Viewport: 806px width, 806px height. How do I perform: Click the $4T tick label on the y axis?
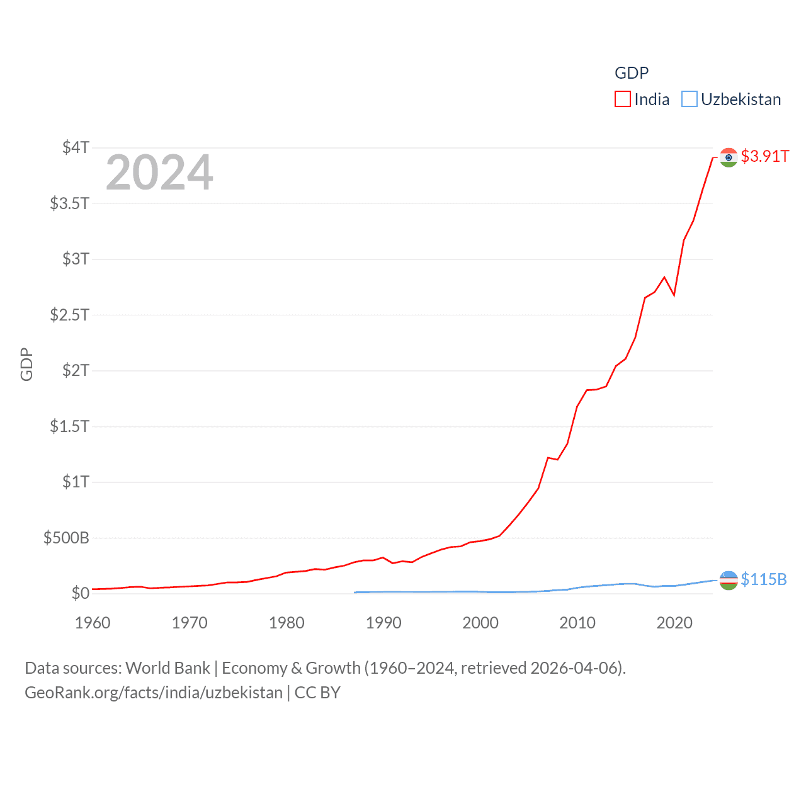coord(76,147)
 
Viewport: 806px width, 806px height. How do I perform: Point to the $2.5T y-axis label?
coord(69,314)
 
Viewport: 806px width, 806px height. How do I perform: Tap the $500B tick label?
coord(66,538)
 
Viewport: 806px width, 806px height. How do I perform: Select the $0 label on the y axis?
coord(80,593)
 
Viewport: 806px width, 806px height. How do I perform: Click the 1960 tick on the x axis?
coord(93,623)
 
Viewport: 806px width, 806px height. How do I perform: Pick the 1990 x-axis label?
coord(383,623)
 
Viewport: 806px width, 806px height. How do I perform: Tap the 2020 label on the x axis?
coord(674,623)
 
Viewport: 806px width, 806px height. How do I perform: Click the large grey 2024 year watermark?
coord(159,172)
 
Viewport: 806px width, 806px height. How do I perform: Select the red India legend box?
coord(622,99)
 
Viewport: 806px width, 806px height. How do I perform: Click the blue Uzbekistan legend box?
coord(690,99)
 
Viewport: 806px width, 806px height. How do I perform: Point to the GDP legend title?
coord(631,73)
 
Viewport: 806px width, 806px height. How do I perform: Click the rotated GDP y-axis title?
coord(26,364)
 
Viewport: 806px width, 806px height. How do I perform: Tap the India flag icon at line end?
coord(729,157)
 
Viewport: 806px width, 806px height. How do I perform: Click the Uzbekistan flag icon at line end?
coord(729,580)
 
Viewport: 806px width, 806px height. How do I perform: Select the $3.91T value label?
coord(764,156)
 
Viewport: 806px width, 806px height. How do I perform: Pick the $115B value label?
coord(763,579)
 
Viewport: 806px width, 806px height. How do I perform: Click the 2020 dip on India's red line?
coord(674,295)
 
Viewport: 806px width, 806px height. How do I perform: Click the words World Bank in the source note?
coord(167,668)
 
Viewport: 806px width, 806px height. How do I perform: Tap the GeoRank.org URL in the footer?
coord(154,693)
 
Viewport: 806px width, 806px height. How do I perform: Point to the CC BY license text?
coord(317,693)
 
